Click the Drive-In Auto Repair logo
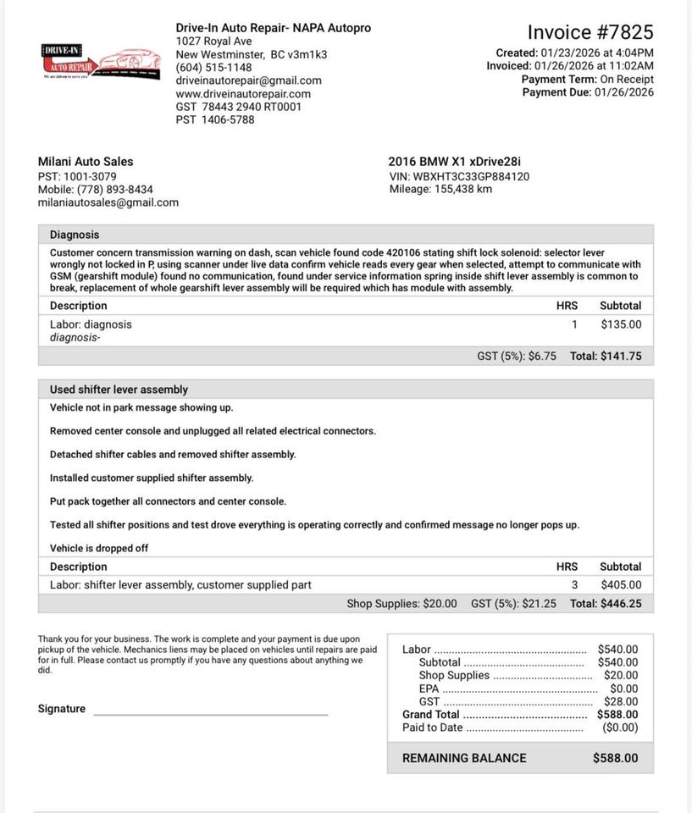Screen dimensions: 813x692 pyautogui.click(x=100, y=62)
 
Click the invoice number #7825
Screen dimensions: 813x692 pyautogui.click(x=590, y=32)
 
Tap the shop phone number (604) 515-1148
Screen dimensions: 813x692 pyautogui.click(x=213, y=68)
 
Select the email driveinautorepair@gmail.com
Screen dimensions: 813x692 pyautogui.click(x=248, y=80)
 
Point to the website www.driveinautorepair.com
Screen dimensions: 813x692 pyautogui.click(x=243, y=94)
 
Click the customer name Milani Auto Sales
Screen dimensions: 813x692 pyautogui.click(x=86, y=162)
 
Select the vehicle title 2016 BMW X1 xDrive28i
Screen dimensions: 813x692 pyautogui.click(x=454, y=162)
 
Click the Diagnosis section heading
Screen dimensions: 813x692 pyautogui.click(x=75, y=235)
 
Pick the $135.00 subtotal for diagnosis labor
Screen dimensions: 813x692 pyautogui.click(x=621, y=324)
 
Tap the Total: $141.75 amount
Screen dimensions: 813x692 pyautogui.click(x=606, y=357)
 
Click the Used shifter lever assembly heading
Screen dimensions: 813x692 pyautogui.click(x=119, y=390)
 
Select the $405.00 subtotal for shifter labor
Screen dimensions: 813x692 pyautogui.click(x=621, y=585)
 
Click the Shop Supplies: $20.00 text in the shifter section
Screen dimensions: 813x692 pyautogui.click(x=401, y=604)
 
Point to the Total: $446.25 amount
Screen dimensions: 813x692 pyautogui.click(x=606, y=604)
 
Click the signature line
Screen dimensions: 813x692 pyautogui.click(x=210, y=713)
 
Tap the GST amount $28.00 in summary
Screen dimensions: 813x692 pyautogui.click(x=621, y=702)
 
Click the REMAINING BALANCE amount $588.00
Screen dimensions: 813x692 pyautogui.click(x=615, y=758)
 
